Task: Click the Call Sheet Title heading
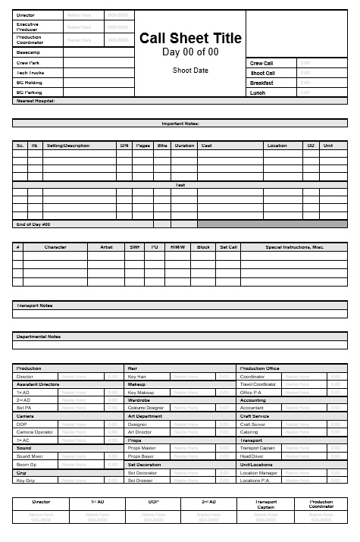(190, 39)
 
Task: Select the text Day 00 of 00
(190, 52)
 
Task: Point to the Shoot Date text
(190, 70)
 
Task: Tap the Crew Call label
(261, 63)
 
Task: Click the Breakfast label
(261, 83)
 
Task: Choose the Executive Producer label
(28, 27)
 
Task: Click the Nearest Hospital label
(36, 100)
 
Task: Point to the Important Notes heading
(180, 123)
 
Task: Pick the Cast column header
(206, 145)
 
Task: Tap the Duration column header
(184, 145)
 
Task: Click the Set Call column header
(228, 246)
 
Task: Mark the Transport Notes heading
(34, 305)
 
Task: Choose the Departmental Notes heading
(39, 336)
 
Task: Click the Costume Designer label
(146, 408)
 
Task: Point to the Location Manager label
(258, 472)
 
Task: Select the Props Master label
(142, 448)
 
